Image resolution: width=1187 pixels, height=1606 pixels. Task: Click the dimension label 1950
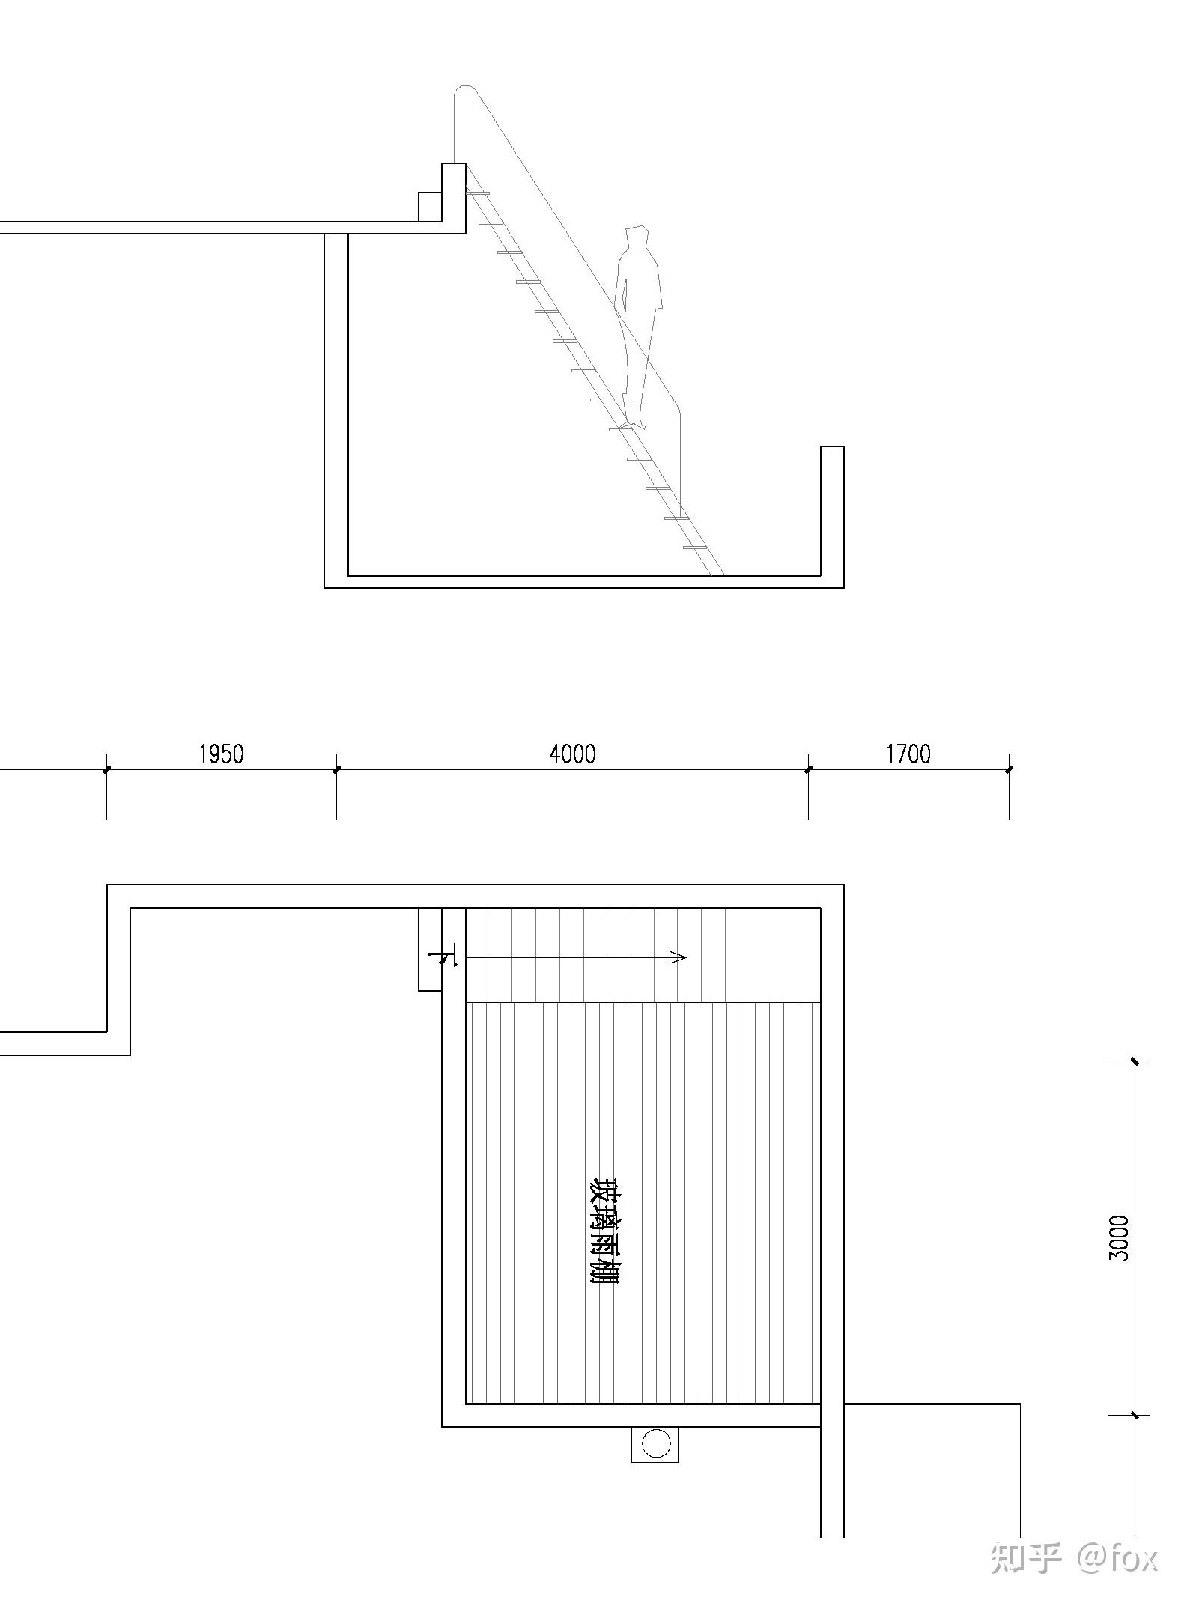221,754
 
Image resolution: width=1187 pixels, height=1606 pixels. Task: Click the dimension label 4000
573,754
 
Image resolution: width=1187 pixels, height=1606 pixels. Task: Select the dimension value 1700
908,754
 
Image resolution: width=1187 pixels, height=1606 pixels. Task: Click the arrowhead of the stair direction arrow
678,957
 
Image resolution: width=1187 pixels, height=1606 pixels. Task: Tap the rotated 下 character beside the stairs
443,957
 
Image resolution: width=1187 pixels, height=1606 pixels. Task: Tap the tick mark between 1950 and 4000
336,769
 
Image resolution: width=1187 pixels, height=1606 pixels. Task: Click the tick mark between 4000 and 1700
808,769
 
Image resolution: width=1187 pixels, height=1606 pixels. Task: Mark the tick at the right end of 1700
1009,769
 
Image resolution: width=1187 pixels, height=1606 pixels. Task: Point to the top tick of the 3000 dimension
1135,1061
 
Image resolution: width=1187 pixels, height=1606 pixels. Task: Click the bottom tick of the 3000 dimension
1135,1415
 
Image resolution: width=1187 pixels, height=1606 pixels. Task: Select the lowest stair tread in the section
695,548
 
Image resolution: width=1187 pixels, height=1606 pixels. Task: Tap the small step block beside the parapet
430,207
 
